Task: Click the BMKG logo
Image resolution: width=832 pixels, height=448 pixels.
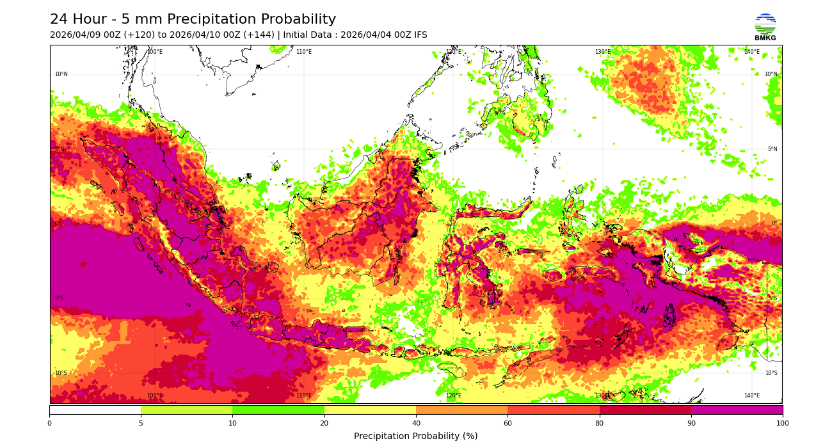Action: click(x=765, y=26)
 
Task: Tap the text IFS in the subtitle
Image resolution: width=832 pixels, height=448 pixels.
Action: click(x=419, y=35)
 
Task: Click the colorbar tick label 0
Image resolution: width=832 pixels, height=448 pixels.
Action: click(x=49, y=423)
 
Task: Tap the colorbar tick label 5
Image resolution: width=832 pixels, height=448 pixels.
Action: click(x=141, y=423)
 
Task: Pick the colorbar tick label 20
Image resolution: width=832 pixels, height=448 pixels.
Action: click(x=324, y=423)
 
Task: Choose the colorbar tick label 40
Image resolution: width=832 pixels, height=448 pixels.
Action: click(x=416, y=423)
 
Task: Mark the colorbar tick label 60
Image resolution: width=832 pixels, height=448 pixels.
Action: click(x=508, y=423)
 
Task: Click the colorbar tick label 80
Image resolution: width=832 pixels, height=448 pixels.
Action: click(x=600, y=423)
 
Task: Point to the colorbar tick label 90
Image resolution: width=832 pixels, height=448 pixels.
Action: click(x=691, y=423)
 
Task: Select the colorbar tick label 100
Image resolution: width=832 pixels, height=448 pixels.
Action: click(x=782, y=423)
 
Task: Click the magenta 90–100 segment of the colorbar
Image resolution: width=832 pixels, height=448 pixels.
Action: click(x=737, y=410)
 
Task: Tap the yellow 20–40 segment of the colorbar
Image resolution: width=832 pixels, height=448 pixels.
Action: click(x=370, y=410)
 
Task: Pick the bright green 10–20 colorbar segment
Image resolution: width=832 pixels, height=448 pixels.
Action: click(x=278, y=410)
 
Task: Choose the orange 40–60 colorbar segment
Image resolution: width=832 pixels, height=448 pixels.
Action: click(x=461, y=410)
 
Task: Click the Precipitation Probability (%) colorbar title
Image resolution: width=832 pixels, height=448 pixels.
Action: click(x=416, y=436)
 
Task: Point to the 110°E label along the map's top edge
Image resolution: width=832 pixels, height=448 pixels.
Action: click(x=304, y=52)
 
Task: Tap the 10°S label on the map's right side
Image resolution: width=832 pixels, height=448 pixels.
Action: click(x=771, y=373)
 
